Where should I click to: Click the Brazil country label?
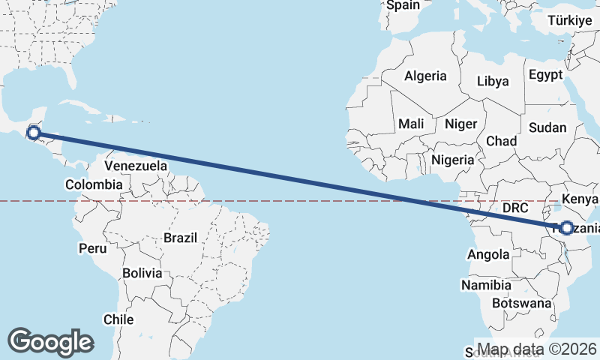pos(180,238)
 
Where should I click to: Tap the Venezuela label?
pos(136,166)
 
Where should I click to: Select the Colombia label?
pos(94,184)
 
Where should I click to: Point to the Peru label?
pos(91,247)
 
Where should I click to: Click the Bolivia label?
pos(143,273)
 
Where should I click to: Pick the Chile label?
pos(118,319)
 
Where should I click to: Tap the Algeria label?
pos(425,76)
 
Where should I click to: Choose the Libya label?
pos(493,81)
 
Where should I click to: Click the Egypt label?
pos(545,75)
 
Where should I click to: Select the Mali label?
pos(412,124)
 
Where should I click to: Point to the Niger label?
pos(460,124)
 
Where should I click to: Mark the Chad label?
pos(502,141)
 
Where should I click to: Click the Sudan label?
pos(547,127)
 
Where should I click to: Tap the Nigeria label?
pos(453,160)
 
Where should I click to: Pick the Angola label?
pos(488,255)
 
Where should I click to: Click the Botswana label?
pos(522,304)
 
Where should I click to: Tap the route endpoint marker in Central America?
pos(34,133)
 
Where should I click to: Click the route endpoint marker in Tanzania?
pos(566,228)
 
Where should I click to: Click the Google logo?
pos(50,341)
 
